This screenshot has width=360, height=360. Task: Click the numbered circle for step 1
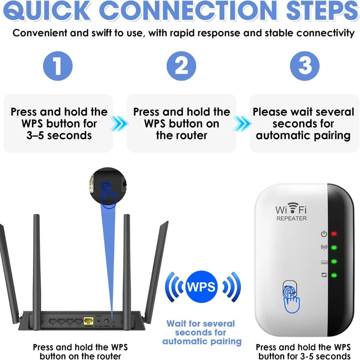[58, 66]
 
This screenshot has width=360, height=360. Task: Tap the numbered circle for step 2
[181, 66]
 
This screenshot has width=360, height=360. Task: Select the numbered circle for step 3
[304, 66]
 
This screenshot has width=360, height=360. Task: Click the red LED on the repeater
[334, 234]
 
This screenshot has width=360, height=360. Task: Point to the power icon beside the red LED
[324, 234]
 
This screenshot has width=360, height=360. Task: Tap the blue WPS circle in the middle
[201, 287]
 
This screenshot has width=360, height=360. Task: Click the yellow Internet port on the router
[88, 321]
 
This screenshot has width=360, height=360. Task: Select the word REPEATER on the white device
[291, 218]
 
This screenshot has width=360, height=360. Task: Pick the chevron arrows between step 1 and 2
[119, 123]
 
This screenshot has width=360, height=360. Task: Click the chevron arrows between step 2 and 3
[242, 123]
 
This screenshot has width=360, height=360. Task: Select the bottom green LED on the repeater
[334, 276]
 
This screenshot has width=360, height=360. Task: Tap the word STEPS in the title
[322, 11]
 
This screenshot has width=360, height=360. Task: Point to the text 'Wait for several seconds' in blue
[200, 328]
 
